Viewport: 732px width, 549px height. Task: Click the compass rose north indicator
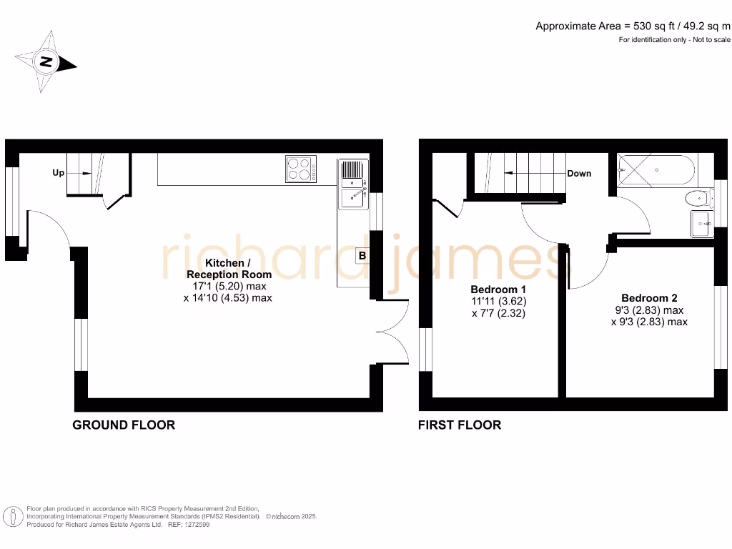pyautogui.click(x=46, y=61)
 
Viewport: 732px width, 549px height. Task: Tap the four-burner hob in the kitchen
pyautogui.click(x=302, y=170)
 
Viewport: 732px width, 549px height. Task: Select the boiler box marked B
pyautogui.click(x=362, y=255)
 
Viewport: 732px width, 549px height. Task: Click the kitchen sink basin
pyautogui.click(x=352, y=196)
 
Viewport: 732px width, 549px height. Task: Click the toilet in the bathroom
pyautogui.click(x=696, y=197)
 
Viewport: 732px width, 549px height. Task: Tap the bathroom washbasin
pyautogui.click(x=701, y=223)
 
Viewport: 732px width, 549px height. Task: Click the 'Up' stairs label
pyautogui.click(x=59, y=173)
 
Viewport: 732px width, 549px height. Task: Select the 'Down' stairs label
pyautogui.click(x=579, y=173)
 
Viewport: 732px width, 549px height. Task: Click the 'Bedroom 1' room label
pyautogui.click(x=499, y=290)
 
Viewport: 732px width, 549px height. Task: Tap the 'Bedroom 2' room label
pyautogui.click(x=649, y=298)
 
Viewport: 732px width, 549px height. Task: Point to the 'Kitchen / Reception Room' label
pyautogui.click(x=229, y=269)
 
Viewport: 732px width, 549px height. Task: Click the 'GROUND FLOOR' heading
pyautogui.click(x=124, y=425)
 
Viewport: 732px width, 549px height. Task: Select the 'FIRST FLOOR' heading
pyautogui.click(x=460, y=425)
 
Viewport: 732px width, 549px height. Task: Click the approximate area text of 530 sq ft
pyautogui.click(x=633, y=26)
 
